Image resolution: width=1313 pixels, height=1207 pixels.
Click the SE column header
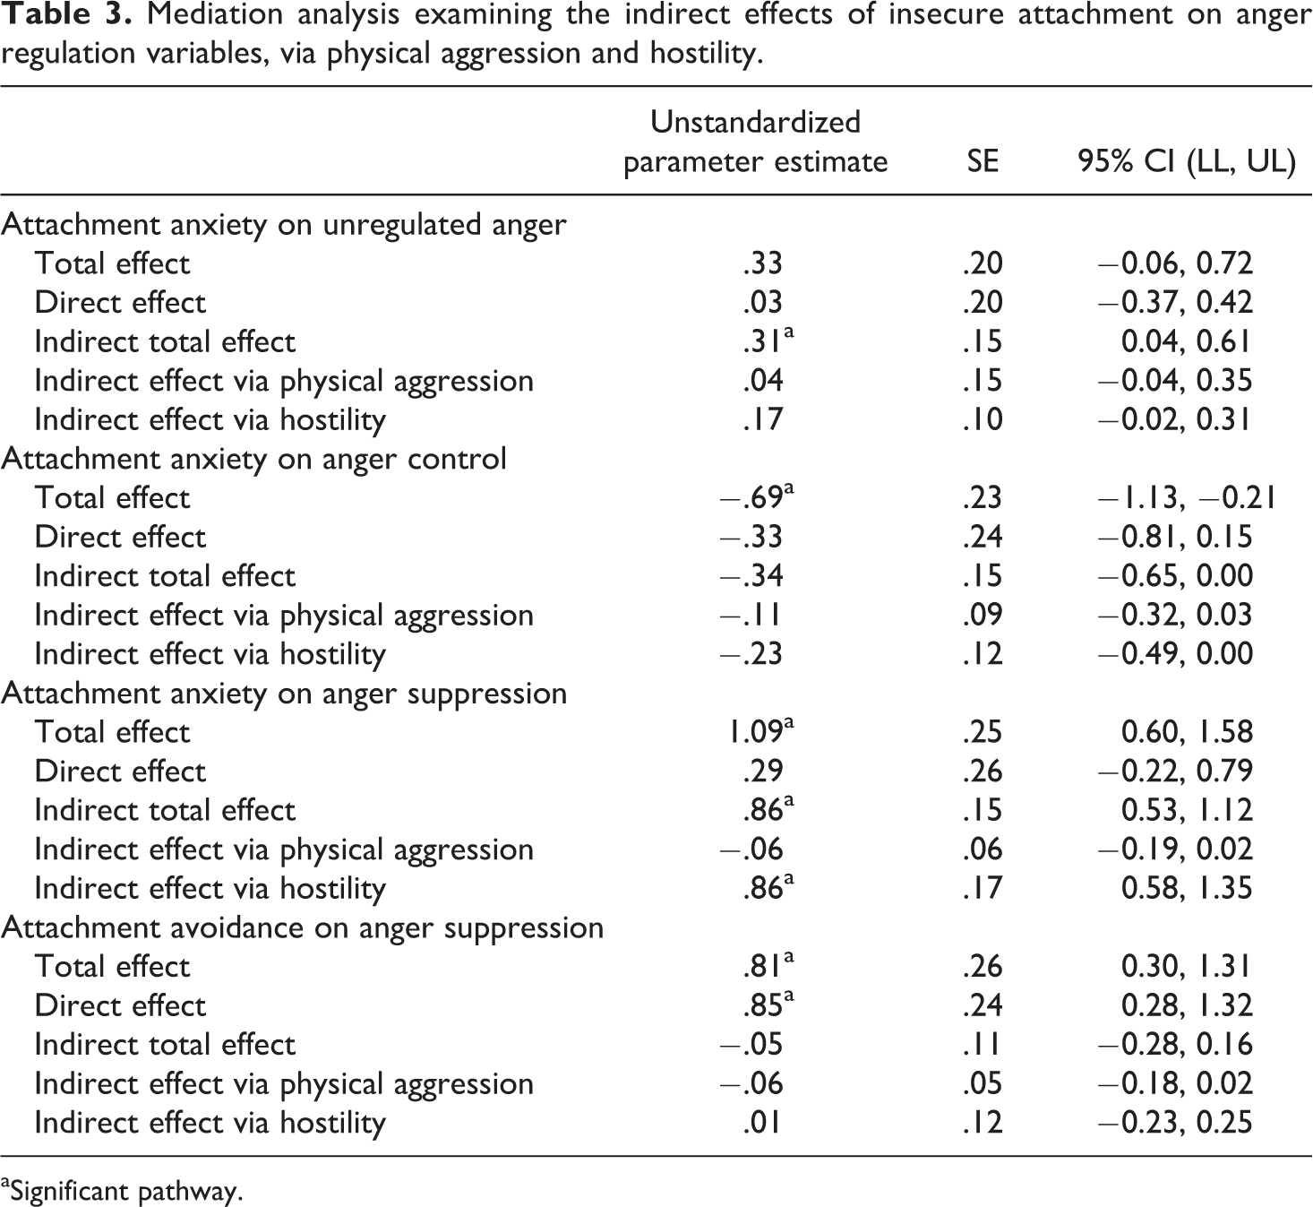[983, 161]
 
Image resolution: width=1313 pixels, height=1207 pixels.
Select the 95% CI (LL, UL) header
[1187, 162]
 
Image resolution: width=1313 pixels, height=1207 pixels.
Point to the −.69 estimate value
[757, 497]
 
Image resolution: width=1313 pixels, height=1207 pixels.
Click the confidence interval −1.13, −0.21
[1187, 498]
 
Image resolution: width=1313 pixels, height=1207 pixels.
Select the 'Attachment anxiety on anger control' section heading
[254, 460]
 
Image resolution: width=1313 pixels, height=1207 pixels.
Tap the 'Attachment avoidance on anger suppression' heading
[303, 928]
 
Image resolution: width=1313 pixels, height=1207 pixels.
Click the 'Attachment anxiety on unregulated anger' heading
[284, 225]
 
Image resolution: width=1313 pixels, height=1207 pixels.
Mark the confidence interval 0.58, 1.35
[1187, 889]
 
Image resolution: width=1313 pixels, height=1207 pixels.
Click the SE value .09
[983, 615]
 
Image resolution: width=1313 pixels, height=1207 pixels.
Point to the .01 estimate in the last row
[762, 1123]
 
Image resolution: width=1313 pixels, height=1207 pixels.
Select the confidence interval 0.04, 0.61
[1186, 341]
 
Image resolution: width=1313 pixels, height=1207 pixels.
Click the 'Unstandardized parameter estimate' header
[755, 142]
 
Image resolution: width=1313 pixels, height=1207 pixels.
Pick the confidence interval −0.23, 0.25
[1175, 1123]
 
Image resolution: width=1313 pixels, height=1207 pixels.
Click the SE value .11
[982, 1045]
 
